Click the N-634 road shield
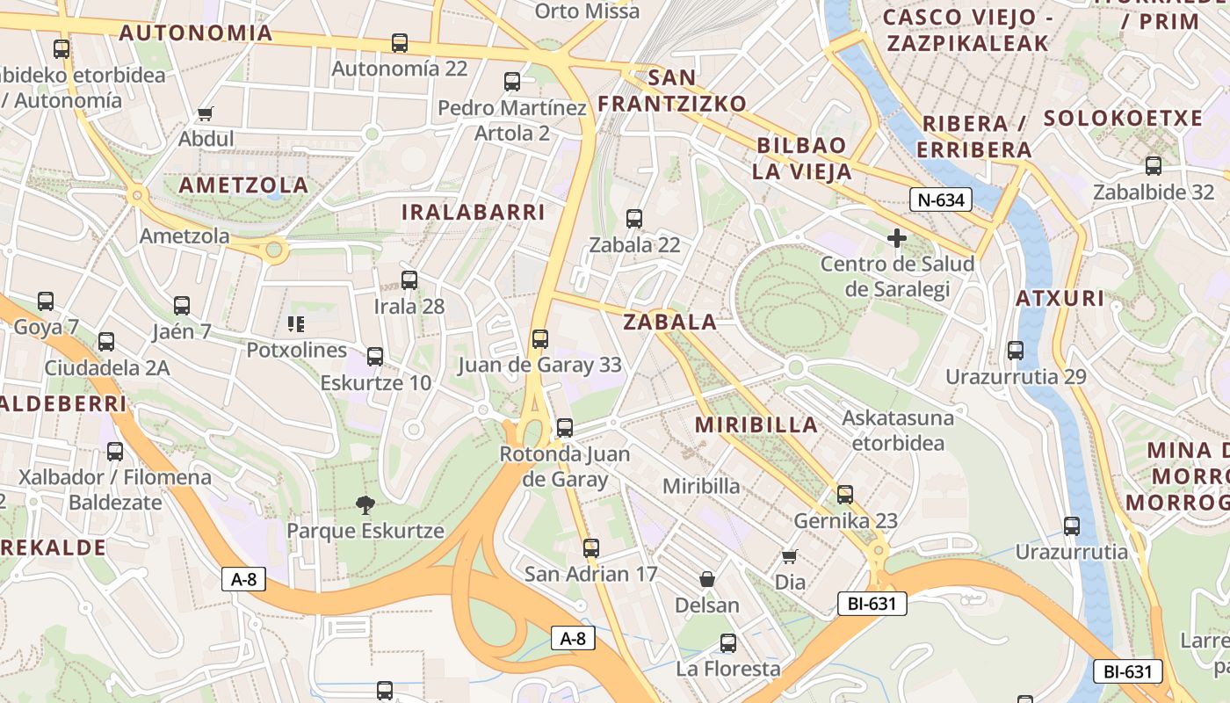[x=940, y=200]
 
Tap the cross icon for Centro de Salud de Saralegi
[x=897, y=238]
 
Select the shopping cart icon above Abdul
[x=206, y=113]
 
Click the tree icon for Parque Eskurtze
[x=365, y=504]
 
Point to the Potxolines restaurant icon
[x=296, y=324]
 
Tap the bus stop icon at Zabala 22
[x=634, y=219]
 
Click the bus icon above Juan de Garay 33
[x=540, y=338]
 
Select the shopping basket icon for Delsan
[x=707, y=579]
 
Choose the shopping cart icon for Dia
[x=790, y=555]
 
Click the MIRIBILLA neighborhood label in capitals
[x=756, y=425]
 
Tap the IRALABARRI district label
[x=474, y=213]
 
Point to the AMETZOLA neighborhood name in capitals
[x=243, y=185]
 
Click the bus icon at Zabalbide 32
[x=1154, y=165]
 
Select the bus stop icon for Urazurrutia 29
[x=1016, y=351]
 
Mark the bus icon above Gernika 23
[x=845, y=495]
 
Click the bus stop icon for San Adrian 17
[x=591, y=547]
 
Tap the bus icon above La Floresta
[x=728, y=642]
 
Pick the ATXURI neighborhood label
[x=1060, y=298]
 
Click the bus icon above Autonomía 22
[x=400, y=42]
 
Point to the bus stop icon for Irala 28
[x=409, y=280]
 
